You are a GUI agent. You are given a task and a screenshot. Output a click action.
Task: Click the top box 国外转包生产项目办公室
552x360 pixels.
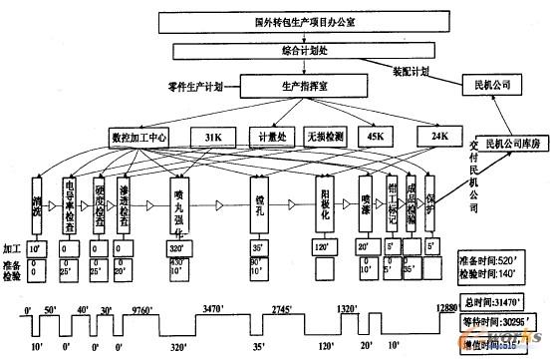point(277,18)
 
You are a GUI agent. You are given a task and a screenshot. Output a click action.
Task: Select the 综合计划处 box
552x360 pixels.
point(276,49)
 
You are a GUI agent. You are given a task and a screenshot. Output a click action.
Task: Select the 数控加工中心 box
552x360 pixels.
point(142,136)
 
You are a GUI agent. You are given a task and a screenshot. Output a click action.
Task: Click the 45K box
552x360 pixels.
point(377,136)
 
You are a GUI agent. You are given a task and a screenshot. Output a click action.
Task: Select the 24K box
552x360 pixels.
point(439,136)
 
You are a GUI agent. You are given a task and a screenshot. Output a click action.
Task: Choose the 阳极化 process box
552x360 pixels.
point(323,204)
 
